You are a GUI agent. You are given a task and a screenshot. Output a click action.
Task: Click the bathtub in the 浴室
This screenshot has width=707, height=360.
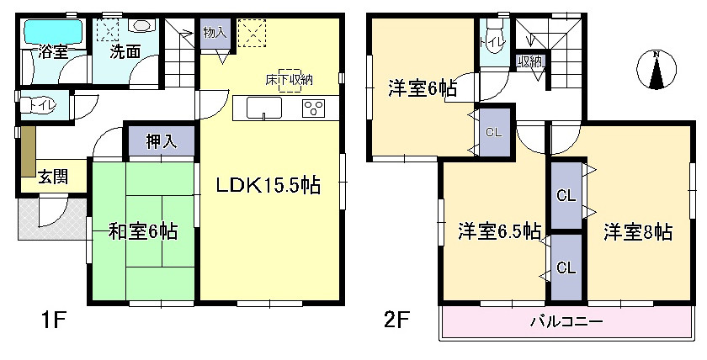coord(53,29)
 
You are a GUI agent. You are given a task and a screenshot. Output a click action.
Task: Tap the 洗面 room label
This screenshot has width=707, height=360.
coord(125,52)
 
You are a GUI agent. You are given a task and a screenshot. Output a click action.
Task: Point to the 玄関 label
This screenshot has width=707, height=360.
coord(53,177)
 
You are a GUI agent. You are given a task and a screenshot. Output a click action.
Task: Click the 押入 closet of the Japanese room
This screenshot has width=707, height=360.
coord(162,141)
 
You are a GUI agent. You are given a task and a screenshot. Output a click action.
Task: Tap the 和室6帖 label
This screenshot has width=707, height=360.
coord(143,232)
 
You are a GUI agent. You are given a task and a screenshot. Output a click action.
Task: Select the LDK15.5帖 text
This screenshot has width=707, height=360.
coord(268,185)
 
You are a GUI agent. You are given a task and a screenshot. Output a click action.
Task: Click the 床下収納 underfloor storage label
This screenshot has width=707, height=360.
coord(289,80)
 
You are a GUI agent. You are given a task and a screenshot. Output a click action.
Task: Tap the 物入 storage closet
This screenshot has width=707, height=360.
coord(215,34)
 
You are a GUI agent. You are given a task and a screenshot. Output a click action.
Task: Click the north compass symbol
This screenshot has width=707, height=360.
coord(656,70)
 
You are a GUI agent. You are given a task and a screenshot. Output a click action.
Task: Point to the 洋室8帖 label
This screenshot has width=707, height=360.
coord(638,232)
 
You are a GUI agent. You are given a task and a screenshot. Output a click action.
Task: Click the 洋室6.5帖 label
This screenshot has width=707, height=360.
coord(500,232)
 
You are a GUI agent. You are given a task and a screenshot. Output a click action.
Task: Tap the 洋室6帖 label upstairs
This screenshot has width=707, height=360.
coord(423,89)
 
